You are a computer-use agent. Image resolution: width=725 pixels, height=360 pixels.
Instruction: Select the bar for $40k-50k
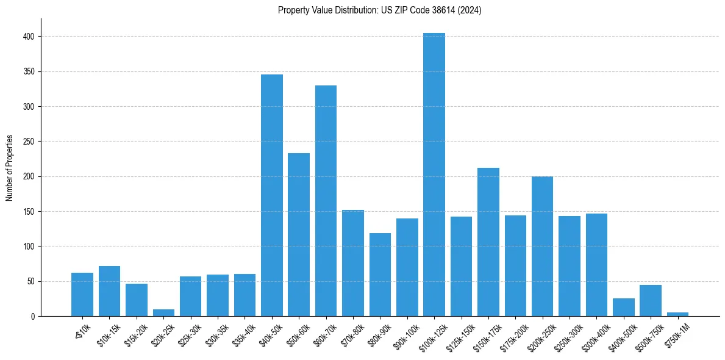(272, 195)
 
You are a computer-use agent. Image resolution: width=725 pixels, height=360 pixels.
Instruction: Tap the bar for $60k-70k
(326, 201)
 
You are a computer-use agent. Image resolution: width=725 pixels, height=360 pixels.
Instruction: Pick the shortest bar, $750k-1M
(677, 314)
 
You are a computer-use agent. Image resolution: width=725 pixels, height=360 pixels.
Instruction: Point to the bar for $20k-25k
(163, 313)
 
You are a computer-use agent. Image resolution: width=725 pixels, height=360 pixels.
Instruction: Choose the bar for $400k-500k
(623, 308)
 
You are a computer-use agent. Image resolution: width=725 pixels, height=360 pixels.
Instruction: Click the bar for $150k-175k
(488, 242)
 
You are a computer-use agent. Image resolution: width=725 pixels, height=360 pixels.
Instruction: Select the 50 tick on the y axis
(34, 281)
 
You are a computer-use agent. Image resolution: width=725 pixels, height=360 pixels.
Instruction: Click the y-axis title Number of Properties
(9, 167)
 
